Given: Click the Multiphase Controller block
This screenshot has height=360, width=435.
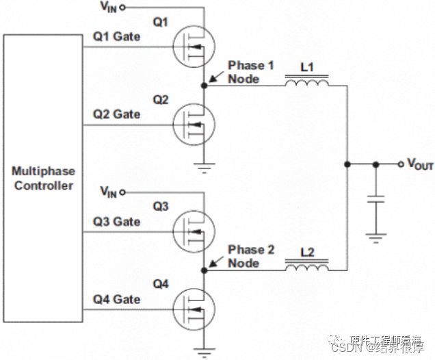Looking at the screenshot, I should (44, 178).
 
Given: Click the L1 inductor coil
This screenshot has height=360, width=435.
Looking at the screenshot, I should (306, 83).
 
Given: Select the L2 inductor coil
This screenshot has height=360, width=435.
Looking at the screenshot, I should (306, 268).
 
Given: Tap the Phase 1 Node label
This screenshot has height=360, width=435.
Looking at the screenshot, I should (251, 72).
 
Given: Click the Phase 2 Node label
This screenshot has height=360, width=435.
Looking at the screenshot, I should (251, 257).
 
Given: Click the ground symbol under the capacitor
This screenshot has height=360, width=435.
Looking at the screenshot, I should (375, 238).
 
